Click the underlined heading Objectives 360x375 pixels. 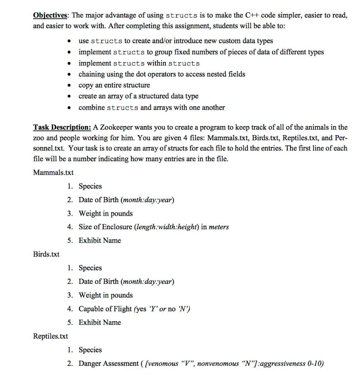pyautogui.click(x=51, y=15)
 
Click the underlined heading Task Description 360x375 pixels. pyautogui.click(x=62, y=127)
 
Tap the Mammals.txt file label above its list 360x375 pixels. pyautogui.click(x=53, y=172)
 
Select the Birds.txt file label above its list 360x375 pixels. pyautogui.click(x=46, y=254)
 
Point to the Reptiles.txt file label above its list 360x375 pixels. pyautogui.click(x=51, y=336)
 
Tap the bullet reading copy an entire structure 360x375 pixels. pyautogui.click(x=114, y=85)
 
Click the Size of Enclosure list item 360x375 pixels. pyautogui.click(x=153, y=227)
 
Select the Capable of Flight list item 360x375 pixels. pyautogui.click(x=134, y=309)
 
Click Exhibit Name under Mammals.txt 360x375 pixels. pyautogui.click(x=100, y=240)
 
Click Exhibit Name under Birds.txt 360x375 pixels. pyautogui.click(x=100, y=322)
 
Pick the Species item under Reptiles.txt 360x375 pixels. pyautogui.click(x=90, y=350)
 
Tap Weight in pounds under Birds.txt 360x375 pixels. pyautogui.click(x=105, y=295)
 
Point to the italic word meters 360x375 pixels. pyautogui.click(x=219, y=227)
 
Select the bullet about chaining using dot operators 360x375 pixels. pyautogui.click(x=162, y=74)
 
